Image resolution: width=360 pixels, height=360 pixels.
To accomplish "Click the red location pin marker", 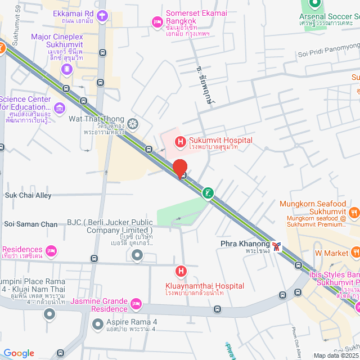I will tap(179, 168).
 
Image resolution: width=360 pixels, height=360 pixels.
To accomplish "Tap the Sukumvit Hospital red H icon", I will tap(180, 141).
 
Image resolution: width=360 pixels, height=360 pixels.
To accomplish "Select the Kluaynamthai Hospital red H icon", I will tap(181, 272).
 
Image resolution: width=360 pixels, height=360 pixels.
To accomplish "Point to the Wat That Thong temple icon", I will tap(133, 123).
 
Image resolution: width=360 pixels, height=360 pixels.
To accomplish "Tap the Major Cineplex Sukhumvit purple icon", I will tap(67, 69).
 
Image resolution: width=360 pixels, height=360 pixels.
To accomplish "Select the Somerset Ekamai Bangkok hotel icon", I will tap(157, 21).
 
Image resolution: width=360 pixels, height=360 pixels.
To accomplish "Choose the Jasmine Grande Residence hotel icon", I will tap(136, 304).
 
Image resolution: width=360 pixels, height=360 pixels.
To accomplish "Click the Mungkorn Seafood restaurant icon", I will tap(354, 212).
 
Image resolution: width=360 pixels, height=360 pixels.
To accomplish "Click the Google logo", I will tap(19, 353).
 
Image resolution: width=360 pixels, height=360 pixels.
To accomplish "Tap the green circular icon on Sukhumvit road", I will tap(208, 193).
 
